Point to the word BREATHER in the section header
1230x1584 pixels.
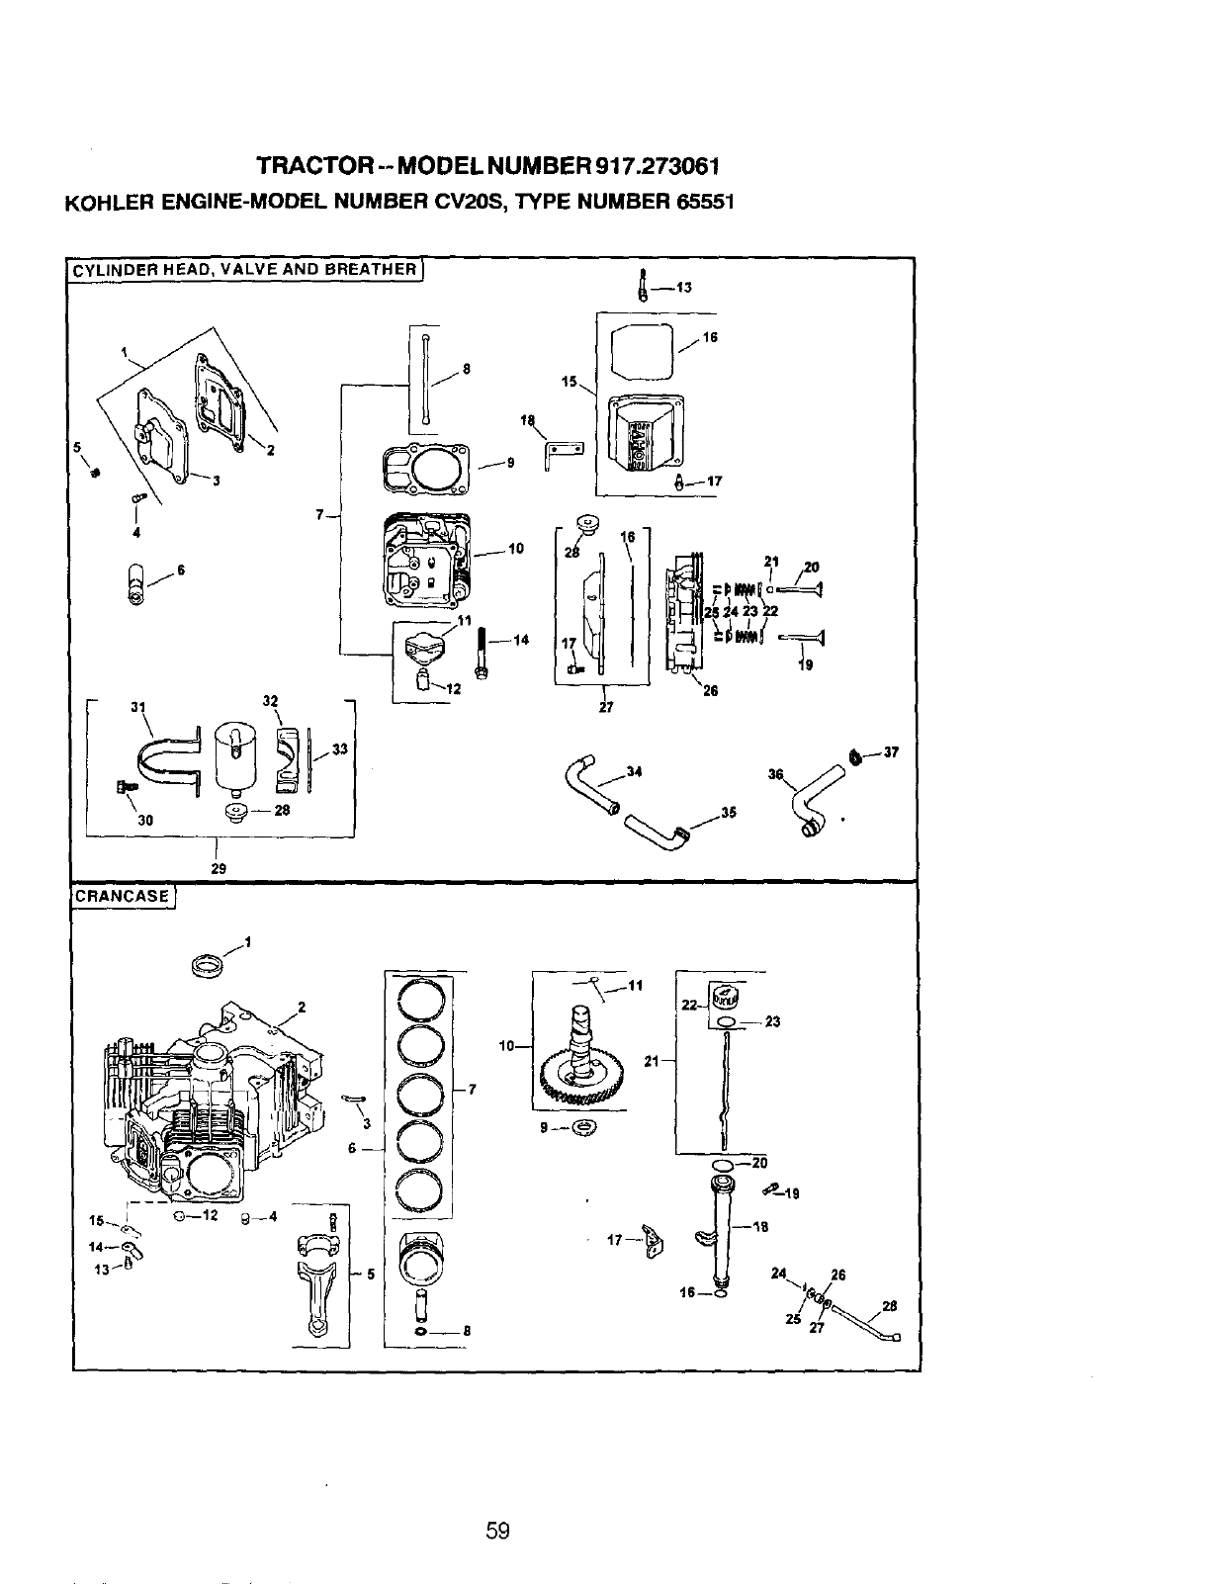[x=372, y=269]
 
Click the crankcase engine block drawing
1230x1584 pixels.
[x=208, y=1107]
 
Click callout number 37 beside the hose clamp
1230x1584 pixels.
[x=891, y=751]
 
